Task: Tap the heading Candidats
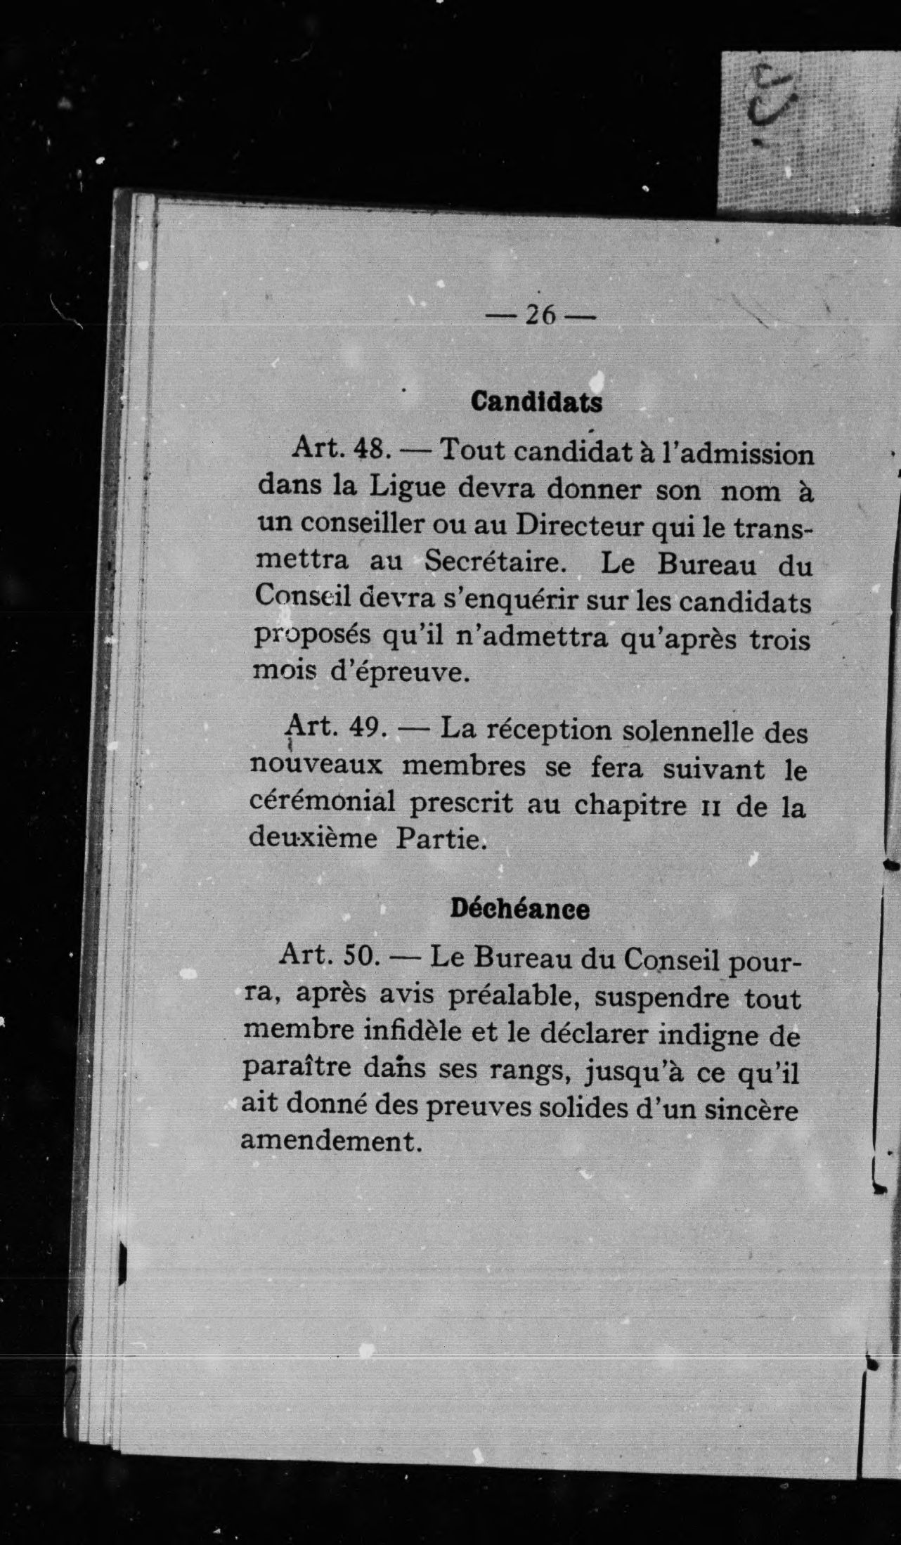click(536, 402)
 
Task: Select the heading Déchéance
click(519, 909)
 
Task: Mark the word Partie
click(441, 839)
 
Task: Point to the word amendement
click(331, 1140)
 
